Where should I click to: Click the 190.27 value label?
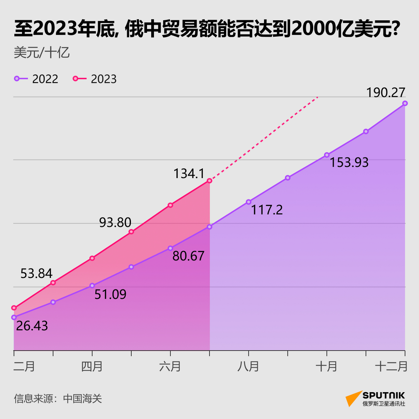pos(386,93)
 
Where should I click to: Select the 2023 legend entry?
pos(95,79)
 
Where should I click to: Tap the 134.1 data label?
pos(189,173)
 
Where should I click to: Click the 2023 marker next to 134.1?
pos(209,181)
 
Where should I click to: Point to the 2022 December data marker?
pos(405,103)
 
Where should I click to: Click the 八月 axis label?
pos(248,366)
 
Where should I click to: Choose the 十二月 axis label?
pos(391,366)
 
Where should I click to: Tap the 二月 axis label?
pos(24,366)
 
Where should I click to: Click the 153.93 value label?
pos(349,162)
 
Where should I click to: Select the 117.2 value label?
pos(267,210)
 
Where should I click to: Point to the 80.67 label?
pos(189,256)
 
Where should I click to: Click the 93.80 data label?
pos(115,223)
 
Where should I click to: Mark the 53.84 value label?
pos(36,273)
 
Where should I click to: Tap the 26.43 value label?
pos(32,326)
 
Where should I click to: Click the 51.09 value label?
pos(110,294)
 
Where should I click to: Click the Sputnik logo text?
pos(384,395)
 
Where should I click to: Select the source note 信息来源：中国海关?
pos(58,398)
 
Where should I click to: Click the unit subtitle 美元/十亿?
pos(42,53)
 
